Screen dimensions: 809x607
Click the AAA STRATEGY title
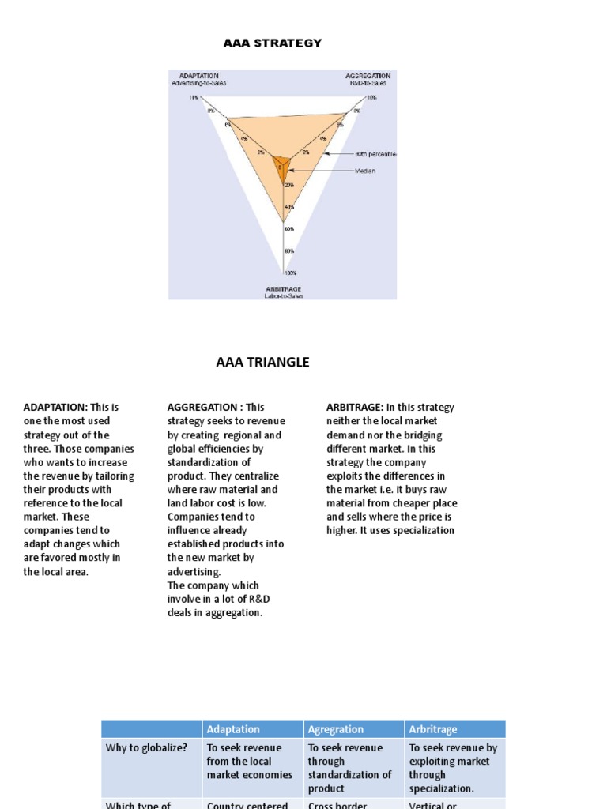tap(273, 43)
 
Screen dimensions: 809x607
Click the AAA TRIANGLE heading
tap(263, 363)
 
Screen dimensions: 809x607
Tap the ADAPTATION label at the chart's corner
tap(193, 76)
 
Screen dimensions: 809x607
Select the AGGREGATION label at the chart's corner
tap(368, 76)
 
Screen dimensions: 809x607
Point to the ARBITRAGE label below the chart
tap(283, 290)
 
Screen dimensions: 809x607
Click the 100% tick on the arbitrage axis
tap(290, 273)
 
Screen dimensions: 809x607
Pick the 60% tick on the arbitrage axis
tap(289, 229)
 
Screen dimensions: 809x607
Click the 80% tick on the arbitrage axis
tap(289, 251)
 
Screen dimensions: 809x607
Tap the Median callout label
tap(365, 170)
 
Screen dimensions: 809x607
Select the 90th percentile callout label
tap(375, 155)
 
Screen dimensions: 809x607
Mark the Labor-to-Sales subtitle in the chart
tap(283, 296)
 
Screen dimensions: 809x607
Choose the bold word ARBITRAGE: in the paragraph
tap(355, 408)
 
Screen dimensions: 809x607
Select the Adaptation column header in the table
tap(233, 729)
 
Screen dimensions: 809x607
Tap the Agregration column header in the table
tap(336, 729)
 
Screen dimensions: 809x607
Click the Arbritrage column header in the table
tap(433, 729)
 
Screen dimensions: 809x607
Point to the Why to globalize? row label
tap(146, 747)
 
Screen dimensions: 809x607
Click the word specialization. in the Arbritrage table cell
tap(442, 788)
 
